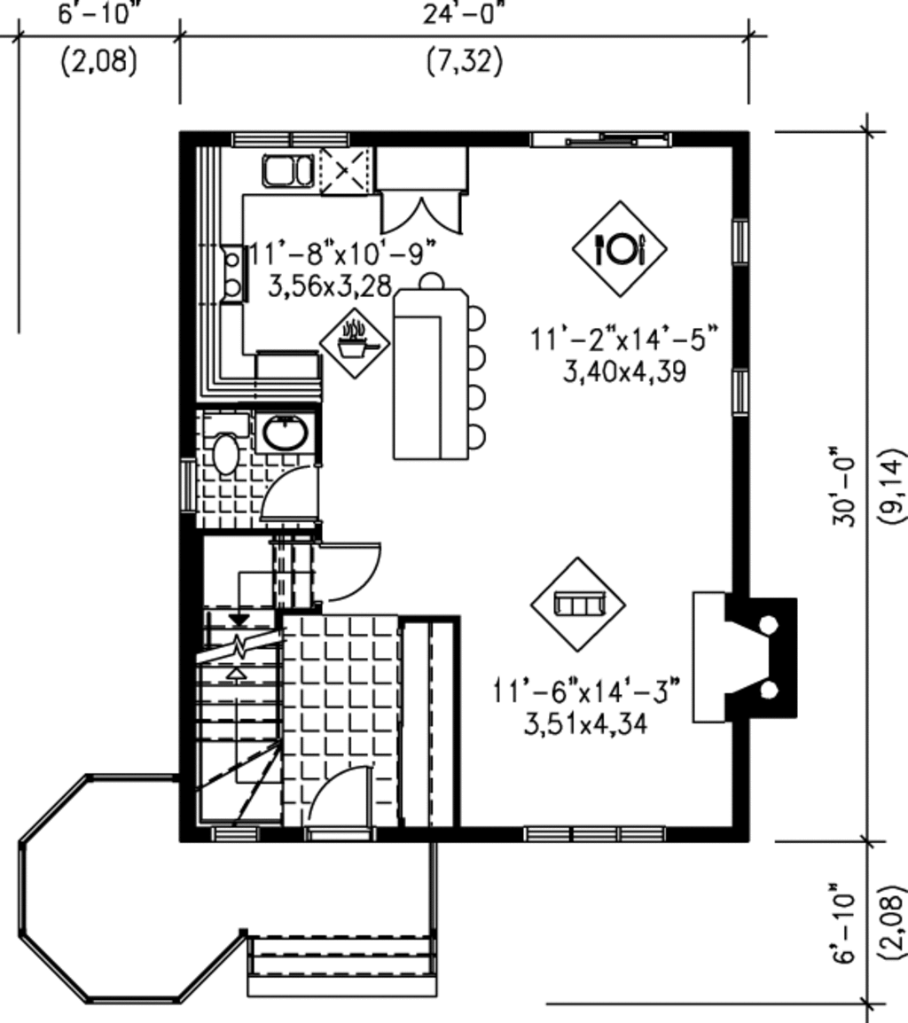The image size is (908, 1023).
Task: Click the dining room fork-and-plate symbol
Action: (619, 249)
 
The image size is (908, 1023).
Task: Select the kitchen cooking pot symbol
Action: (355, 342)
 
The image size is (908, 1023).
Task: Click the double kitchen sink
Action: (287, 170)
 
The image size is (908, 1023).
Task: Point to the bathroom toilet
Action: (225, 452)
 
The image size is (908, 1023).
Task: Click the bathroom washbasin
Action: (285, 434)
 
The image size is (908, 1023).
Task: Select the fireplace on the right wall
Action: (745, 656)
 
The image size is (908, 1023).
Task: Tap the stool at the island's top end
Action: (431, 281)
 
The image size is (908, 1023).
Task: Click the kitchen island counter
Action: (430, 372)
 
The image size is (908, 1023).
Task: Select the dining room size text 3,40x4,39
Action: (624, 372)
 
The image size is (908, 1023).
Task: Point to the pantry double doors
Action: (422, 213)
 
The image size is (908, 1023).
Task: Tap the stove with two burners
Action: (232, 273)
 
